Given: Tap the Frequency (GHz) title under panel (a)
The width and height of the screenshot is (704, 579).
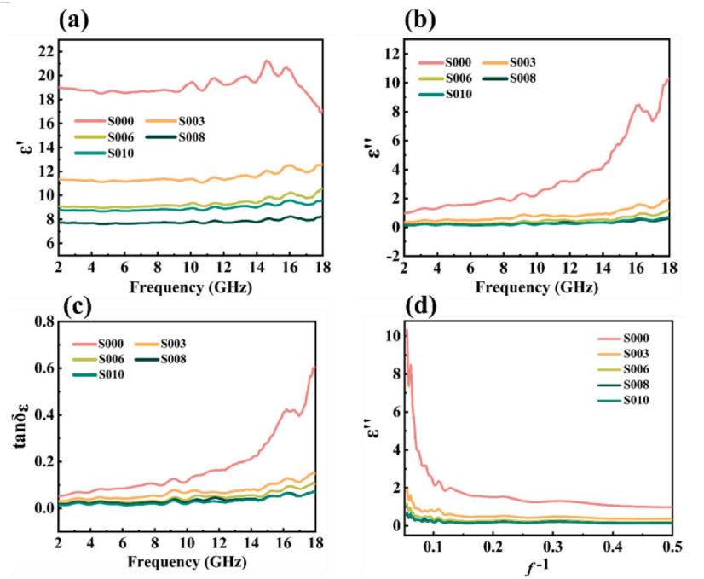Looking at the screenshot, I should (x=189, y=287).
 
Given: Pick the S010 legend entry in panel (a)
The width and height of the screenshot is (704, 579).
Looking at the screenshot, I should (x=125, y=153).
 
